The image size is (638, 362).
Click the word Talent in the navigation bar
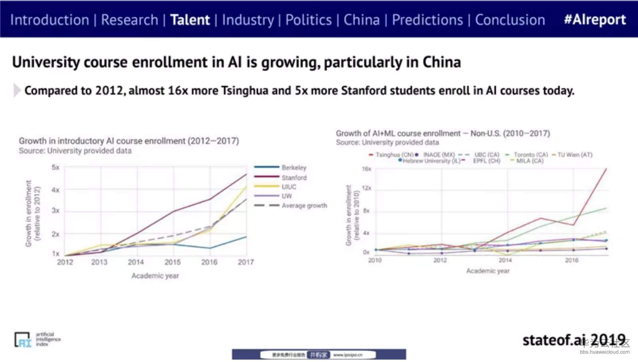pyautogui.click(x=190, y=20)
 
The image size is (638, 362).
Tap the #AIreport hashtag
pyautogui.click(x=595, y=20)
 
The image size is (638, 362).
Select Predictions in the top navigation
pyautogui.click(x=427, y=20)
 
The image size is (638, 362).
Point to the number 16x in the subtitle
pyautogui.click(x=178, y=91)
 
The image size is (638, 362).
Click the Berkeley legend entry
pyautogui.click(x=294, y=168)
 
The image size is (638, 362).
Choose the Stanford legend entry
pyautogui.click(x=294, y=178)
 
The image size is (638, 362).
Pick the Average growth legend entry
pyautogui.click(x=304, y=206)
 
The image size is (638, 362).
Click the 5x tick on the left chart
pyautogui.click(x=55, y=167)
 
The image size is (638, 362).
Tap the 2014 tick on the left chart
pyautogui.click(x=136, y=262)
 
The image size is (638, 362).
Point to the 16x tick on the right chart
pyautogui.click(x=366, y=169)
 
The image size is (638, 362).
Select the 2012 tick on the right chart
pyautogui.click(x=440, y=260)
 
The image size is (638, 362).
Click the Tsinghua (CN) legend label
pyautogui.click(x=394, y=155)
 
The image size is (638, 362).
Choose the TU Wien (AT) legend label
pyautogui.click(x=575, y=155)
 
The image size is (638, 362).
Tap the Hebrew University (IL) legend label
pyautogui.click(x=431, y=161)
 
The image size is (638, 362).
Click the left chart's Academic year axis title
pyautogui.click(x=155, y=276)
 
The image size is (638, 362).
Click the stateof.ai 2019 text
pyautogui.click(x=574, y=340)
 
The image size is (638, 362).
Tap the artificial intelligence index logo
pyautogui.click(x=38, y=340)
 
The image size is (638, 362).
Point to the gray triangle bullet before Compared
pyautogui.click(x=17, y=91)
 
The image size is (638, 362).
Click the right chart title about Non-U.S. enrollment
pyautogui.click(x=442, y=133)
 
